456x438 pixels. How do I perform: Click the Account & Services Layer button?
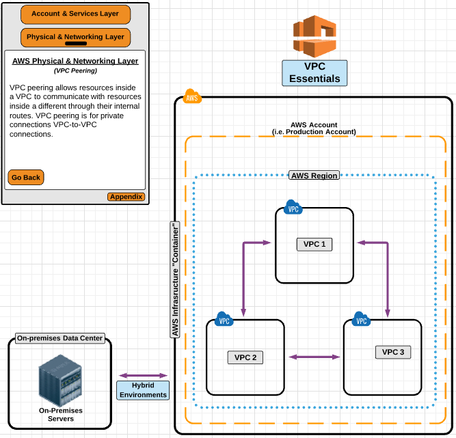(75, 14)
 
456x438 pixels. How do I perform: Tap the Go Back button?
(26, 177)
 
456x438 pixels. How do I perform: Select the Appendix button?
(126, 197)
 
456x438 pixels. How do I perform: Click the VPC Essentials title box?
(314, 73)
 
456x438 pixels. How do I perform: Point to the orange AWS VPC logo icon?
(315, 36)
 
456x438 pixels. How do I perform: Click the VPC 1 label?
(314, 245)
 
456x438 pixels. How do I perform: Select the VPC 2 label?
(245, 357)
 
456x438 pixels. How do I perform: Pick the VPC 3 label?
(393, 352)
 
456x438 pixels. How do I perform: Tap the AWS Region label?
(314, 176)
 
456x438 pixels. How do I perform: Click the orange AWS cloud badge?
(192, 98)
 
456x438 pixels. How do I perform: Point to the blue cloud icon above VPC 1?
(293, 208)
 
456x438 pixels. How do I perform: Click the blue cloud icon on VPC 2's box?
(224, 319)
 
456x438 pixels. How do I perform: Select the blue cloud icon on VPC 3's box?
(361, 319)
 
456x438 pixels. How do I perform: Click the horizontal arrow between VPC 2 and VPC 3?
(314, 357)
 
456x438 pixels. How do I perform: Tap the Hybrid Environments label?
(143, 390)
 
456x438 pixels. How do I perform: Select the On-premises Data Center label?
(60, 338)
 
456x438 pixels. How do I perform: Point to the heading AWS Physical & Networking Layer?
(75, 61)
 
